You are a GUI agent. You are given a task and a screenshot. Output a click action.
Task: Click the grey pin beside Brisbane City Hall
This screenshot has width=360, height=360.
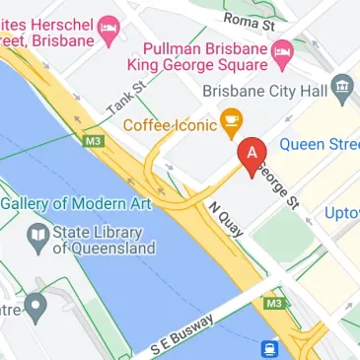click(x=342, y=89)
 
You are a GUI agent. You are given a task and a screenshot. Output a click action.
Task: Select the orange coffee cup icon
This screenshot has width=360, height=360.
click(x=232, y=125)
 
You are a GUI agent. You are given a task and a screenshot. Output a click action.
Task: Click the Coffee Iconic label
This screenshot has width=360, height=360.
click(x=169, y=126)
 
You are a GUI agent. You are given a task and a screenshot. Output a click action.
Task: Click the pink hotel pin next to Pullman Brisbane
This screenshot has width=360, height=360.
click(x=283, y=51)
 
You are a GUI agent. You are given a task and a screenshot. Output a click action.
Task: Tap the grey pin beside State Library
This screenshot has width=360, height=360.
click(x=37, y=235)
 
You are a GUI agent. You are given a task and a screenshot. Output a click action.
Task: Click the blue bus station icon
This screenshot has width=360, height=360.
click(x=267, y=348)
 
